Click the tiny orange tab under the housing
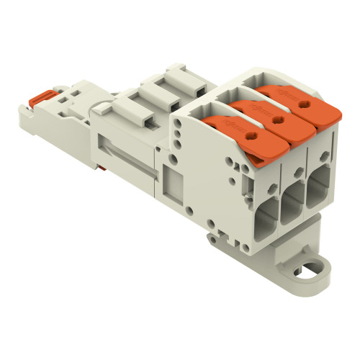(x=109, y=188)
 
